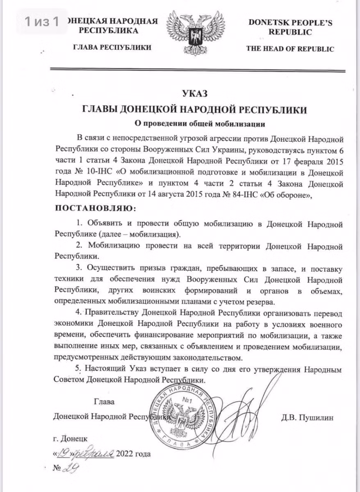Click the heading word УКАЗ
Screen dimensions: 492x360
(195, 94)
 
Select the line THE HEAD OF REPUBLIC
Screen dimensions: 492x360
(290, 49)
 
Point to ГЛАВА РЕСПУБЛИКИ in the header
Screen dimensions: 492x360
(112, 48)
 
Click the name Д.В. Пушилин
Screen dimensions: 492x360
(308, 418)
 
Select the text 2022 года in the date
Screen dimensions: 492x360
(133, 453)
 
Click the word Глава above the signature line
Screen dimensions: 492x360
(104, 401)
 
